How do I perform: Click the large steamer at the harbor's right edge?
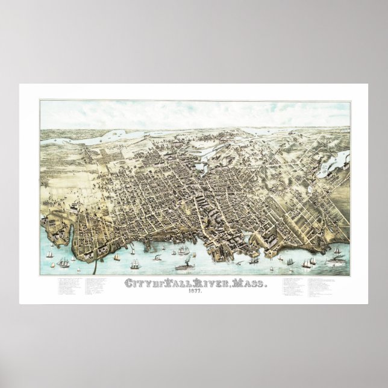tap(336, 263)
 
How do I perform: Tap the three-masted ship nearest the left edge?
tap(64, 262)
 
